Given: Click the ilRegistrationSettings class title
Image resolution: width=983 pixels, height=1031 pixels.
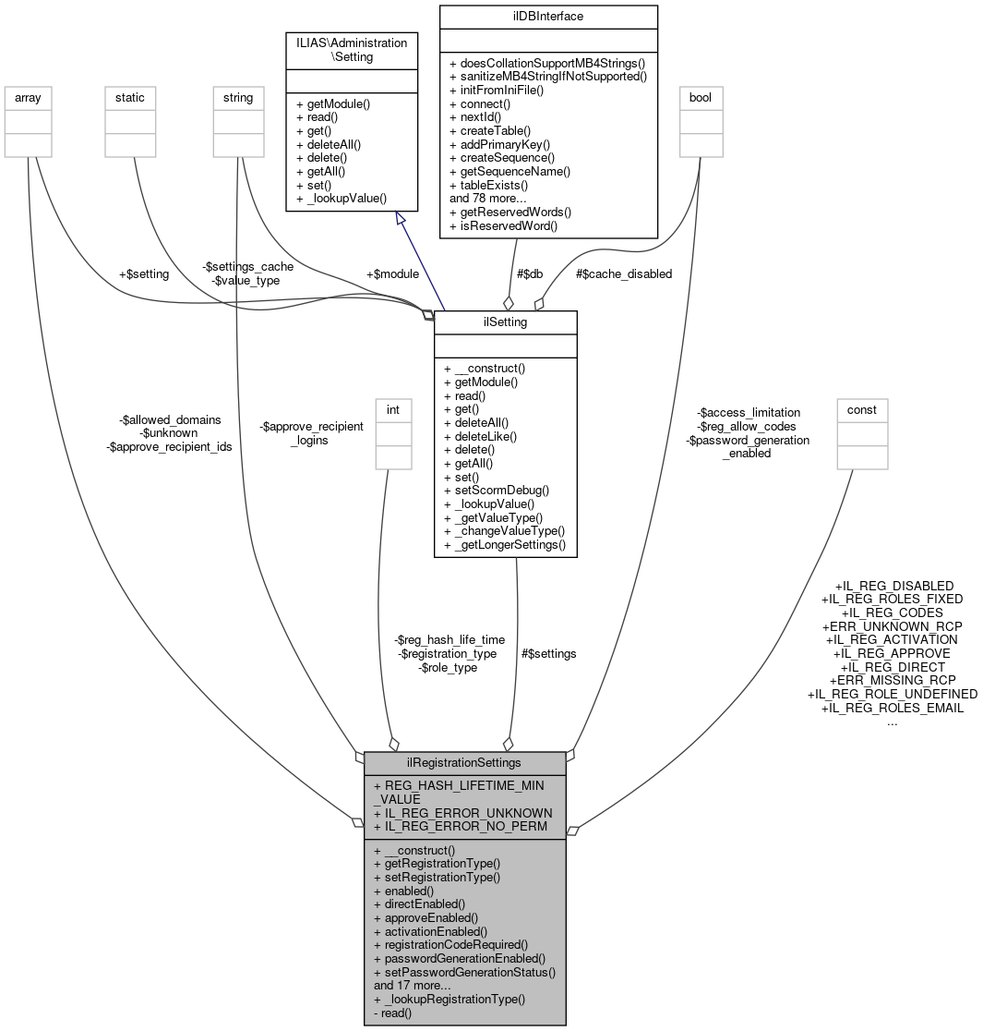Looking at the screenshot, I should (x=464, y=763).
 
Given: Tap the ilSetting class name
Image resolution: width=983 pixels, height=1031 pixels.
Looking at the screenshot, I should (x=505, y=321).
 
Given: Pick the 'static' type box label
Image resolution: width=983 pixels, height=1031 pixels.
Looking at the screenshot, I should (x=130, y=96).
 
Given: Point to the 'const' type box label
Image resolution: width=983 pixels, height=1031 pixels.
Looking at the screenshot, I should (x=861, y=409).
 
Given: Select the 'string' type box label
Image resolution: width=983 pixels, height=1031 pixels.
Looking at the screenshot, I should (x=239, y=96).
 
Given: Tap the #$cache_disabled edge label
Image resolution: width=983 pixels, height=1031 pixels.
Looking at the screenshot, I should (x=624, y=273).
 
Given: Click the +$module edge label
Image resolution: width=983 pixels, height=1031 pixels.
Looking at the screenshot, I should (x=392, y=273).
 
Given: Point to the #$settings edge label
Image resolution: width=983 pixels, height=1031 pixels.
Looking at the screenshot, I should (x=548, y=653).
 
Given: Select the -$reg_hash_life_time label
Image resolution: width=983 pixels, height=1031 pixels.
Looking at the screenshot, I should (x=450, y=639).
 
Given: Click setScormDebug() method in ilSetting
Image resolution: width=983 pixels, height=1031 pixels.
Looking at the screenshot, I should (x=496, y=490).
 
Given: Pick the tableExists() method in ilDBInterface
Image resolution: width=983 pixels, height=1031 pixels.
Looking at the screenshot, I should (x=488, y=185).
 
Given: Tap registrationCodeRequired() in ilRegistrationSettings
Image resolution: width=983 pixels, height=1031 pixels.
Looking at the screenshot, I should (x=450, y=944).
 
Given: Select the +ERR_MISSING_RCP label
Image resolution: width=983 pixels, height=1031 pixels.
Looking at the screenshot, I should (x=892, y=680).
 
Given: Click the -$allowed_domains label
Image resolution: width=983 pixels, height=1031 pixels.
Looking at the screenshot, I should (x=170, y=419).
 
